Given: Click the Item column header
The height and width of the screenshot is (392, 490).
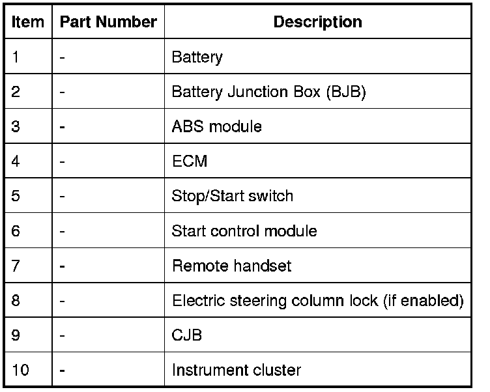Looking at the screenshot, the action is point(28,22).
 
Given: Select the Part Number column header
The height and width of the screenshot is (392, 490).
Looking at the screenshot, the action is point(108,22).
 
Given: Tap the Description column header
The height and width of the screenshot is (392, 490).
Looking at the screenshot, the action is point(317,22).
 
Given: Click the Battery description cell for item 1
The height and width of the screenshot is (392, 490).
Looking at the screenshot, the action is point(197,57).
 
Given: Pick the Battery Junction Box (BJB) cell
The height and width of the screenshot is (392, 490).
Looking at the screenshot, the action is point(268,92).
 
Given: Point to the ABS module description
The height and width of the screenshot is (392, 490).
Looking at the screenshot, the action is point(216,126).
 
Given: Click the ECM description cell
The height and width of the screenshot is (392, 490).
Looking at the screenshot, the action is point(189,161).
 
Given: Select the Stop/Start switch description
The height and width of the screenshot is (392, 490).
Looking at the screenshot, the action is point(232,196).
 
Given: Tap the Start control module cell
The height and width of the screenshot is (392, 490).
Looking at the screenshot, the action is point(244,231).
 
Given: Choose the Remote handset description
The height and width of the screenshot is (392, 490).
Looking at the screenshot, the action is point(231,266).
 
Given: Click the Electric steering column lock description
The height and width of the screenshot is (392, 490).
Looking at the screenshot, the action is point(317,301).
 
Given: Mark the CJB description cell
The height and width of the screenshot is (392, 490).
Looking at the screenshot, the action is point(186,336).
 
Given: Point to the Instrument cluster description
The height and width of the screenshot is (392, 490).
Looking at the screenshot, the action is point(236,371).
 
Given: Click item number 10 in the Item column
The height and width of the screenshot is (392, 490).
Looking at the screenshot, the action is point(20,371).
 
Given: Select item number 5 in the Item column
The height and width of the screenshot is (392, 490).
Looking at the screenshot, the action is point(16,196).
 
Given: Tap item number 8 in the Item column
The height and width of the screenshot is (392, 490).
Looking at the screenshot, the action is point(16,301).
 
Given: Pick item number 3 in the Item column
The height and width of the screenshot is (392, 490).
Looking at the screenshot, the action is point(16,126).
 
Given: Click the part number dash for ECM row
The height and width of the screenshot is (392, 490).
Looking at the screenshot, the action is point(62,161).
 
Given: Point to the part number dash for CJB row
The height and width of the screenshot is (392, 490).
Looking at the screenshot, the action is point(62,336).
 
